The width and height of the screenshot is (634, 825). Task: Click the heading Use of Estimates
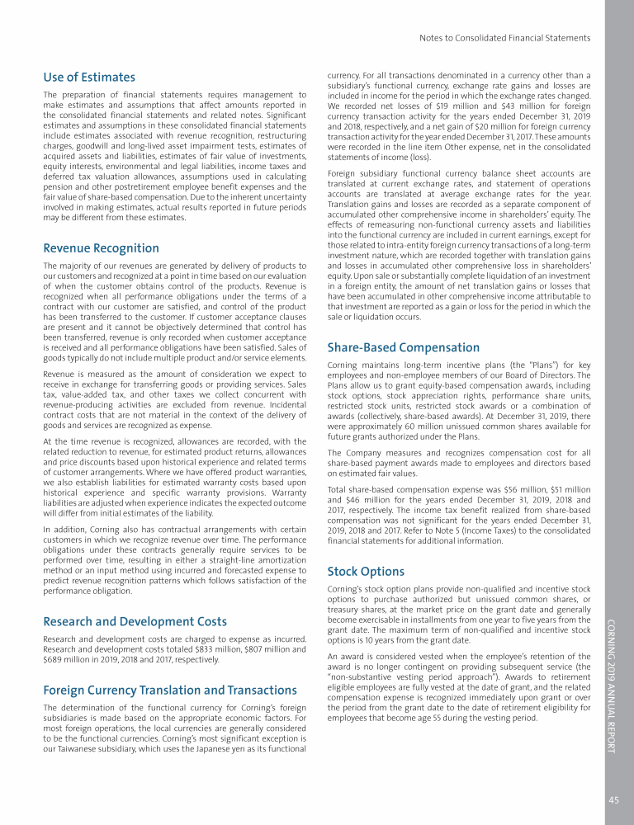point(89,78)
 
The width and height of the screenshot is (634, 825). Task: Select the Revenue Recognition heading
point(102,248)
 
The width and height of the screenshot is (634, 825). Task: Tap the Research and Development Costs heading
point(135,621)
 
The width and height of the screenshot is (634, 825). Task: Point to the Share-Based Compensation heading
point(403,347)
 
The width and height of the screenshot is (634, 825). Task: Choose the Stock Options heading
point(366,571)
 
